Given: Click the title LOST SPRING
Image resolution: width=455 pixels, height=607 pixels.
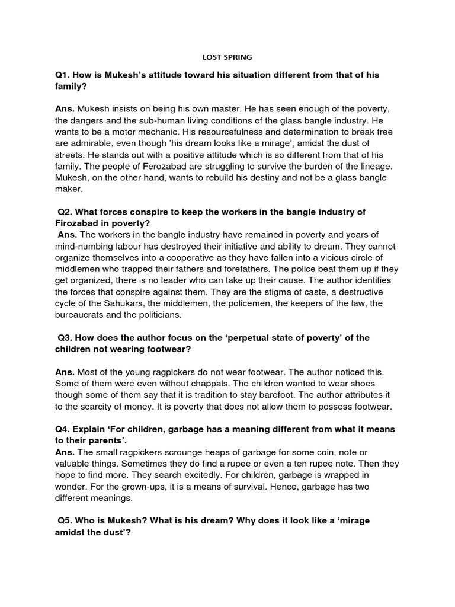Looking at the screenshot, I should [227, 57].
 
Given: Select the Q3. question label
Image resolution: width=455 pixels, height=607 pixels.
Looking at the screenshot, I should [66, 338].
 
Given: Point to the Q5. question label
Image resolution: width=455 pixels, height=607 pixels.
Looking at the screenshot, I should [66, 520].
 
